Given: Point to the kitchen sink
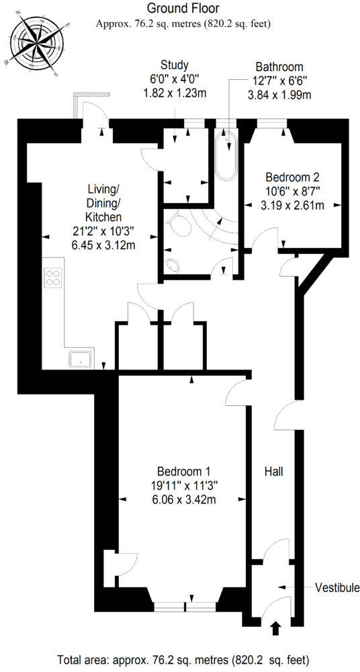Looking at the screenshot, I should pos(81,359).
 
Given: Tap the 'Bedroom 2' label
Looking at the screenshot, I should pos(292,177).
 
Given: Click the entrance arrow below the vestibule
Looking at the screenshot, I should pos(275,629).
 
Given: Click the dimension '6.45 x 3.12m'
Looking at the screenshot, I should pos(103,245).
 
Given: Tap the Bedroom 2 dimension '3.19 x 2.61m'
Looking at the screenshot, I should pos(292,205).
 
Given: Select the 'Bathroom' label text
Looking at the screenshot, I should pos(279,67).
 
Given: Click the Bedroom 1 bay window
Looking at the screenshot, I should pos(185,606).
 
